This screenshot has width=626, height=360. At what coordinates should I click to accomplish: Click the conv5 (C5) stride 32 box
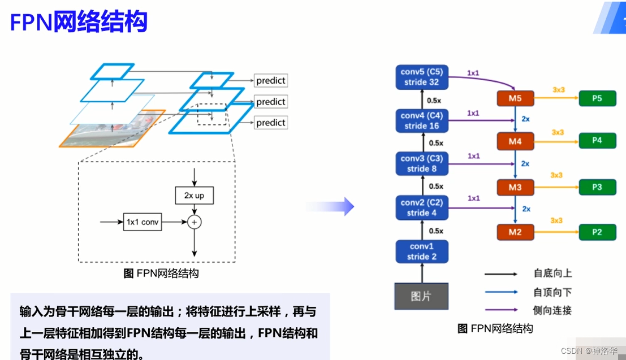click(x=422, y=77)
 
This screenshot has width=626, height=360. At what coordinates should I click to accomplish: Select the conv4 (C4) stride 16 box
click(x=422, y=120)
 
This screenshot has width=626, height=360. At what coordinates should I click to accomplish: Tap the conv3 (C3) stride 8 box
click(x=422, y=163)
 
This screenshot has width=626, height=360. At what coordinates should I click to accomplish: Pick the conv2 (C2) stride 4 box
click(x=422, y=207)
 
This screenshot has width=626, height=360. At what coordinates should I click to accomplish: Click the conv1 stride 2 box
click(x=422, y=251)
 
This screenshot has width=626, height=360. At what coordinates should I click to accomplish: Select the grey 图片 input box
click(x=421, y=296)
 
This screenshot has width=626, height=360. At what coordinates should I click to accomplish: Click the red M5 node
click(x=515, y=98)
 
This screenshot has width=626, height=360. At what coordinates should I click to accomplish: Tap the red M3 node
click(x=515, y=187)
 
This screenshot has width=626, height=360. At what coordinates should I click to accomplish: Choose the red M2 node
click(x=515, y=232)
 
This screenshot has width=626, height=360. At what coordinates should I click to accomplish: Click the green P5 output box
click(x=597, y=98)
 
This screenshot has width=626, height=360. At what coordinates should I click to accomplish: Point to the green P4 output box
click(x=597, y=141)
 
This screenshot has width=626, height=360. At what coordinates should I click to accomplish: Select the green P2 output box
click(x=597, y=232)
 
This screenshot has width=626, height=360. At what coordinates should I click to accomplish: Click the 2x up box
click(x=194, y=196)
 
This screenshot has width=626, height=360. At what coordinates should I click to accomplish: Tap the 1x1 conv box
click(x=142, y=222)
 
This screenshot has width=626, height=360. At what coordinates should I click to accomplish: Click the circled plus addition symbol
click(x=194, y=223)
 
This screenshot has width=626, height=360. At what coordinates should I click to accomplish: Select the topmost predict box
click(x=270, y=81)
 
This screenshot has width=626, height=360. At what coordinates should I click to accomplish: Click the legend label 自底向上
click(x=552, y=274)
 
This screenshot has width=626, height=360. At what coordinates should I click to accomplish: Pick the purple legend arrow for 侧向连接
click(x=500, y=310)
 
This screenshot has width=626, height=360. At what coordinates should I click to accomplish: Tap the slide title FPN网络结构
click(x=79, y=21)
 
